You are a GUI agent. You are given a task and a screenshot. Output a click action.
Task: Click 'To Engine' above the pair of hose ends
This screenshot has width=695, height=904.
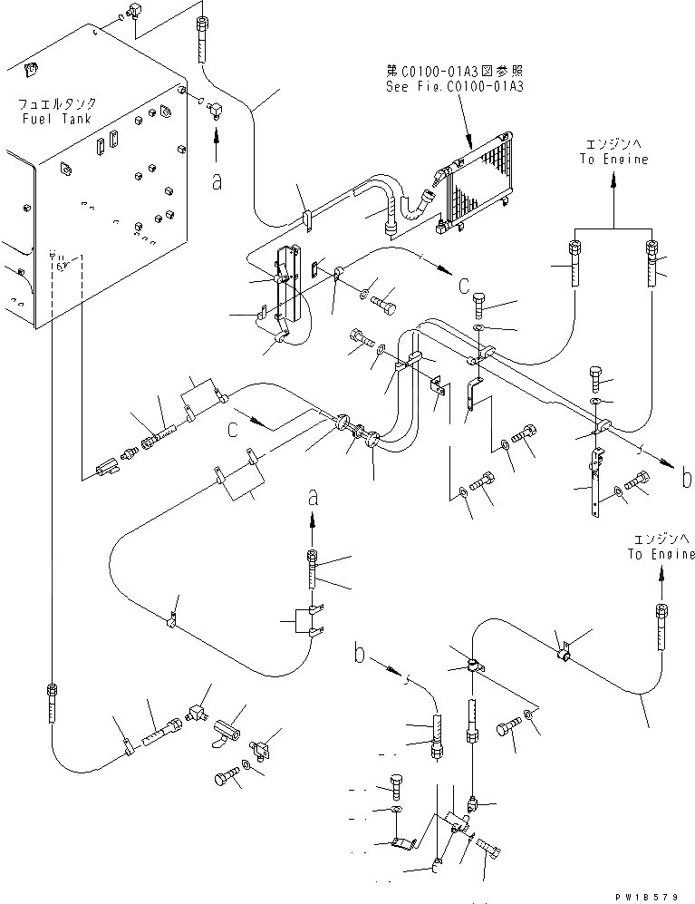pos(614,160)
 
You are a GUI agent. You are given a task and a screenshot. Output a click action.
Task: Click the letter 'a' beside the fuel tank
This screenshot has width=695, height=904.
pos(216,182)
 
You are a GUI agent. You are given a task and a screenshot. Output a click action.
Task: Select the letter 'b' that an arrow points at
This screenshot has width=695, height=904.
pos(686,478)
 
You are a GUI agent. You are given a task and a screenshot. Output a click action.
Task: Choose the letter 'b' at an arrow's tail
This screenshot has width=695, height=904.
pos(361,651)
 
